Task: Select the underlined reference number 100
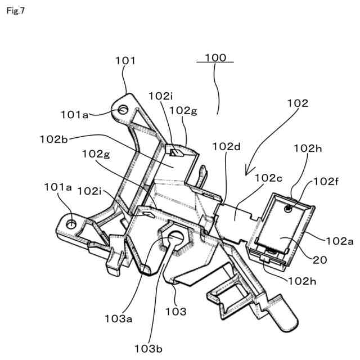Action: click(215, 57)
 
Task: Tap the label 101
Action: click(125, 60)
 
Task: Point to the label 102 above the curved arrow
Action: click(298, 103)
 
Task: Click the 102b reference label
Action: click(53, 138)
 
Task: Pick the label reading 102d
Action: click(226, 147)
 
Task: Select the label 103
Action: click(175, 310)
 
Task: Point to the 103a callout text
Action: click(119, 318)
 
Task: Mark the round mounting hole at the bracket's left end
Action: click(71, 224)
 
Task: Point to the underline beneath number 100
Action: click(215, 62)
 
